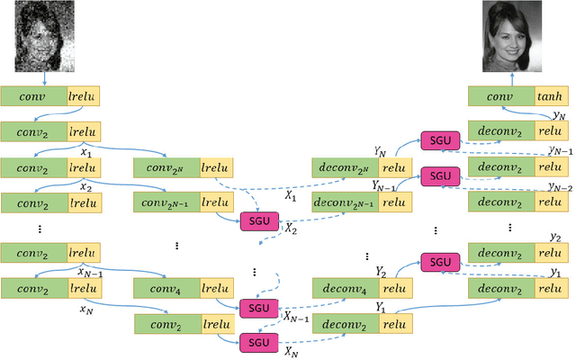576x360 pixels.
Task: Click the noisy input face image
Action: pyautogui.click(x=44, y=37)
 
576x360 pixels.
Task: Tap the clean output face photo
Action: pyautogui.click(x=516, y=37)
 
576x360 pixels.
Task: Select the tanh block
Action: pyautogui.click(x=551, y=96)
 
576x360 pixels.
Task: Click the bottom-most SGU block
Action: pyautogui.click(x=258, y=342)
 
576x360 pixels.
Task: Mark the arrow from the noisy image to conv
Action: pyautogui.click(x=44, y=79)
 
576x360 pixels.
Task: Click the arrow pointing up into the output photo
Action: pyautogui.click(x=516, y=79)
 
